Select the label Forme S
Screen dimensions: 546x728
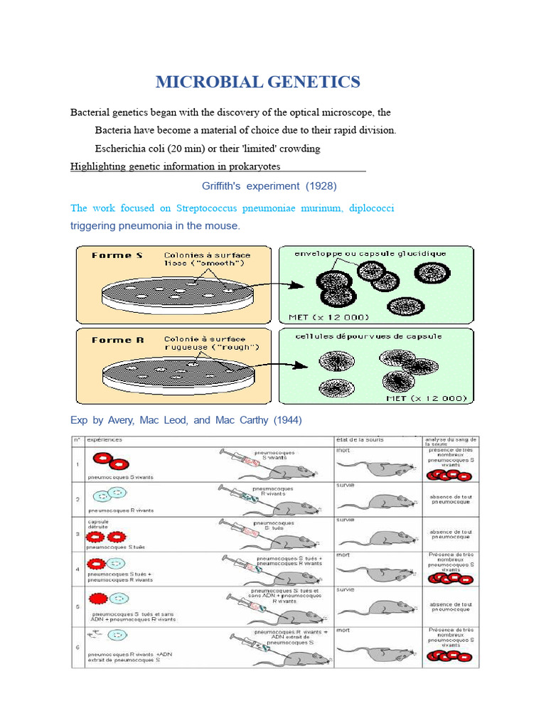click(112, 255)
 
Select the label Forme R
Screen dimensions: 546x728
click(117, 340)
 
